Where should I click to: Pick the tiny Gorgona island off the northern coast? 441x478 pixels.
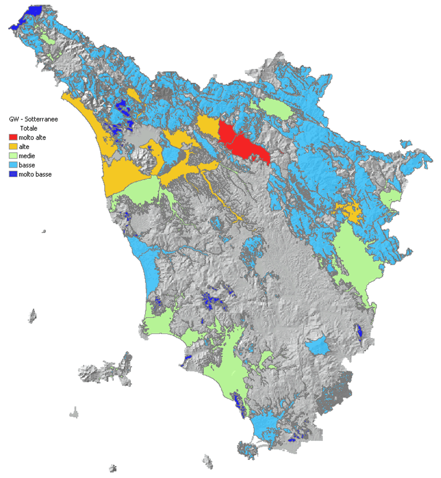[43, 231]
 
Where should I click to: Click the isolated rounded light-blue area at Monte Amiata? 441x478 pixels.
[318, 345]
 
